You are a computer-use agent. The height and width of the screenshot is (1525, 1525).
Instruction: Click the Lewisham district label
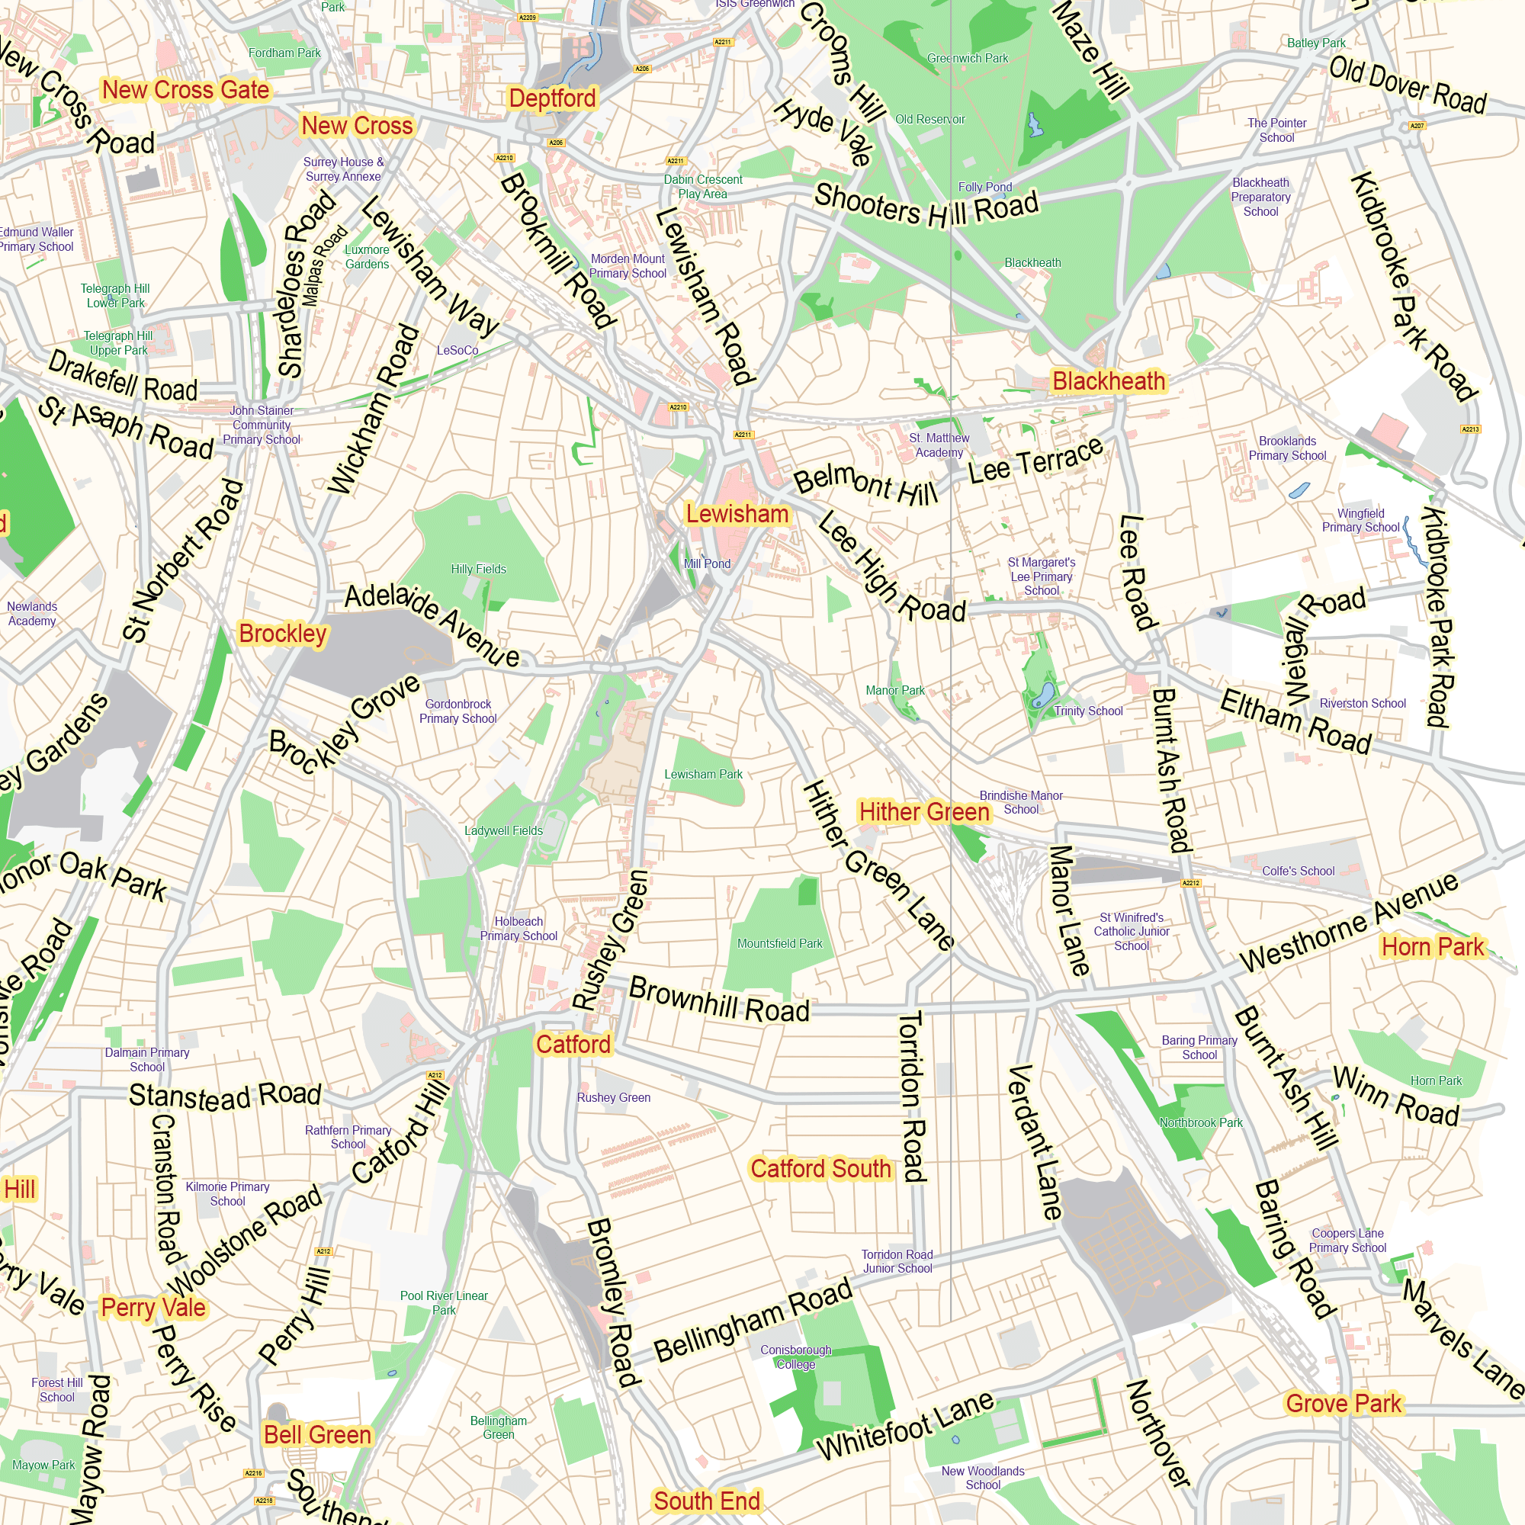click(737, 514)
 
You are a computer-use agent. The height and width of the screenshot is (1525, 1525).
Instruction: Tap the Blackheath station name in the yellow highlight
click(1108, 381)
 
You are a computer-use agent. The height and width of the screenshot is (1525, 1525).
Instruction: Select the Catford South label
click(820, 1168)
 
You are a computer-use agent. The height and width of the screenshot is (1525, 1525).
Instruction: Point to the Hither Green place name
click(923, 811)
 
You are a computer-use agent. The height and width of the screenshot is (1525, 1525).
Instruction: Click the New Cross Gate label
click(185, 90)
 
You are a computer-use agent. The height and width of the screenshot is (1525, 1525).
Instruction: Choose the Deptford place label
click(552, 98)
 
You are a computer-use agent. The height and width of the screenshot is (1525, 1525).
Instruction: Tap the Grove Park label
click(1344, 1404)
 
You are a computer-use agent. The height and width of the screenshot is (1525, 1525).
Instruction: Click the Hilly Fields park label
click(478, 569)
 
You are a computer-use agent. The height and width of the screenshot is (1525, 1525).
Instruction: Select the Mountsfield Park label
click(779, 943)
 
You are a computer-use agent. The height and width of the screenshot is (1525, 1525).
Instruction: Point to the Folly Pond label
click(984, 187)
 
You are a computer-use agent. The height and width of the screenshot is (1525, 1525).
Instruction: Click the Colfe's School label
click(1298, 871)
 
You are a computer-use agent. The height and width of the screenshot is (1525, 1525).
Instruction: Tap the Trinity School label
click(1088, 711)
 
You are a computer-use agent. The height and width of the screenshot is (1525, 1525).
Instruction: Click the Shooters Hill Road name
click(926, 207)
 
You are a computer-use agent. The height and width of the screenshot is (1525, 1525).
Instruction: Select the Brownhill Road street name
click(719, 1000)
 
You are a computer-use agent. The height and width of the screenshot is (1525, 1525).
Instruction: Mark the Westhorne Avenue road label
click(1348, 924)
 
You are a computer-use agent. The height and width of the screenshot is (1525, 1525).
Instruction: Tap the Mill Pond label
click(707, 563)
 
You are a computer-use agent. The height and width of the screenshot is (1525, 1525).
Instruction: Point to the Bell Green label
click(317, 1434)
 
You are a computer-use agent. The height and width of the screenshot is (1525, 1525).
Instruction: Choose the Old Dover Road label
click(1408, 85)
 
